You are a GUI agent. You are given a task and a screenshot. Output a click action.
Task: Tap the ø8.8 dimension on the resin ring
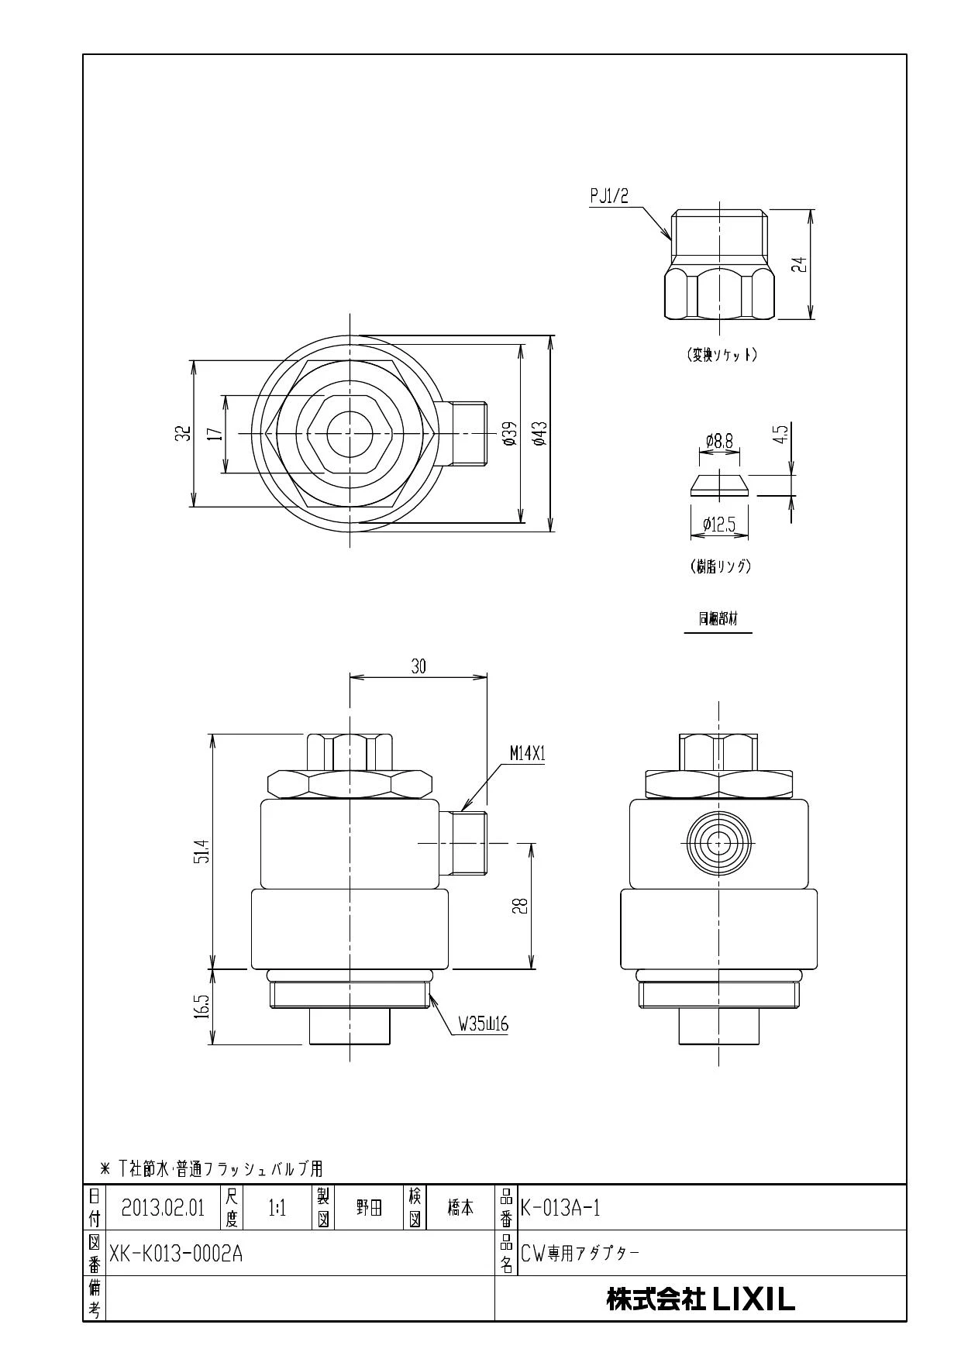tap(719, 442)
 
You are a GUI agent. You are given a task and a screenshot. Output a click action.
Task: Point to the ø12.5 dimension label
tap(718, 525)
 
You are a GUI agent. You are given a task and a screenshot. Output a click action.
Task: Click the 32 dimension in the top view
tap(183, 433)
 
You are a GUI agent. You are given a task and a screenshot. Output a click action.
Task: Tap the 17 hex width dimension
tap(216, 433)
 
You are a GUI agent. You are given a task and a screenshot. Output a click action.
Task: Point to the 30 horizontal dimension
tap(418, 666)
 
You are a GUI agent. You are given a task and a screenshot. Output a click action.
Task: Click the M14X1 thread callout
tap(528, 753)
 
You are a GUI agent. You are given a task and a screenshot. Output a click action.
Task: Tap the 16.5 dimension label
tap(203, 1007)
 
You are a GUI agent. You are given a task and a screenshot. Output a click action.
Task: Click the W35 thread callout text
tap(483, 1024)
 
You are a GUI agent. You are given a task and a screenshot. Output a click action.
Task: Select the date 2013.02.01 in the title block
tap(163, 1208)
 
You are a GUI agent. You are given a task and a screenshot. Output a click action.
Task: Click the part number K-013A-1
tap(560, 1208)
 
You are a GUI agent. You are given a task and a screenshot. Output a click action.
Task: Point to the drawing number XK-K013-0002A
tap(176, 1254)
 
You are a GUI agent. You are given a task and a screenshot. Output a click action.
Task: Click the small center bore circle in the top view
tap(350, 433)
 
